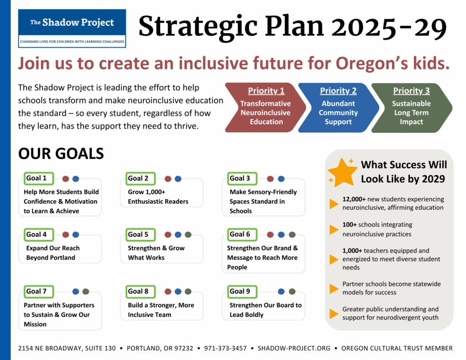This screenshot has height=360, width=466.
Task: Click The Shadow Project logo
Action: click(72, 28)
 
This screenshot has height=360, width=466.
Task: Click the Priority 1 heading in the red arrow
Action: click(266, 91)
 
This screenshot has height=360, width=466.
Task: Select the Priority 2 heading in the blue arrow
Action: click(338, 91)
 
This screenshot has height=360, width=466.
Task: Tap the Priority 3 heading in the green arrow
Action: click(411, 91)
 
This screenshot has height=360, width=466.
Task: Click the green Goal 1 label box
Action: click(39, 178)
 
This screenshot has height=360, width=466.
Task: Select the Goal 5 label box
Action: click(141, 234)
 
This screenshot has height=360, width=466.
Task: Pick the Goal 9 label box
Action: click(242, 292)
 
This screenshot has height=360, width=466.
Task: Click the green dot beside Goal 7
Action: click(86, 292)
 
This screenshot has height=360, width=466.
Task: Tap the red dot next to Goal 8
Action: click(168, 292)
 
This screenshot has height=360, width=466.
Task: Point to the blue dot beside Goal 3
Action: click(281, 179)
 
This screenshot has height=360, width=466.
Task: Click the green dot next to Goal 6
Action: click(292, 235)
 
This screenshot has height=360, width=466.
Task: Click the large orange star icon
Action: click(342, 172)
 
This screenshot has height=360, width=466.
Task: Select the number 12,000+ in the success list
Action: click(354, 199)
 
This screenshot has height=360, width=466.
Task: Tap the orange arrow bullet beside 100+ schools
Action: click(334, 229)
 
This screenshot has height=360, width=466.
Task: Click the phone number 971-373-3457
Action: click(225, 348)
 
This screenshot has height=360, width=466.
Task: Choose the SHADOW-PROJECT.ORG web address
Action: click(294, 348)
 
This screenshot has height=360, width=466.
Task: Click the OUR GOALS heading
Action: click(61, 154)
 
